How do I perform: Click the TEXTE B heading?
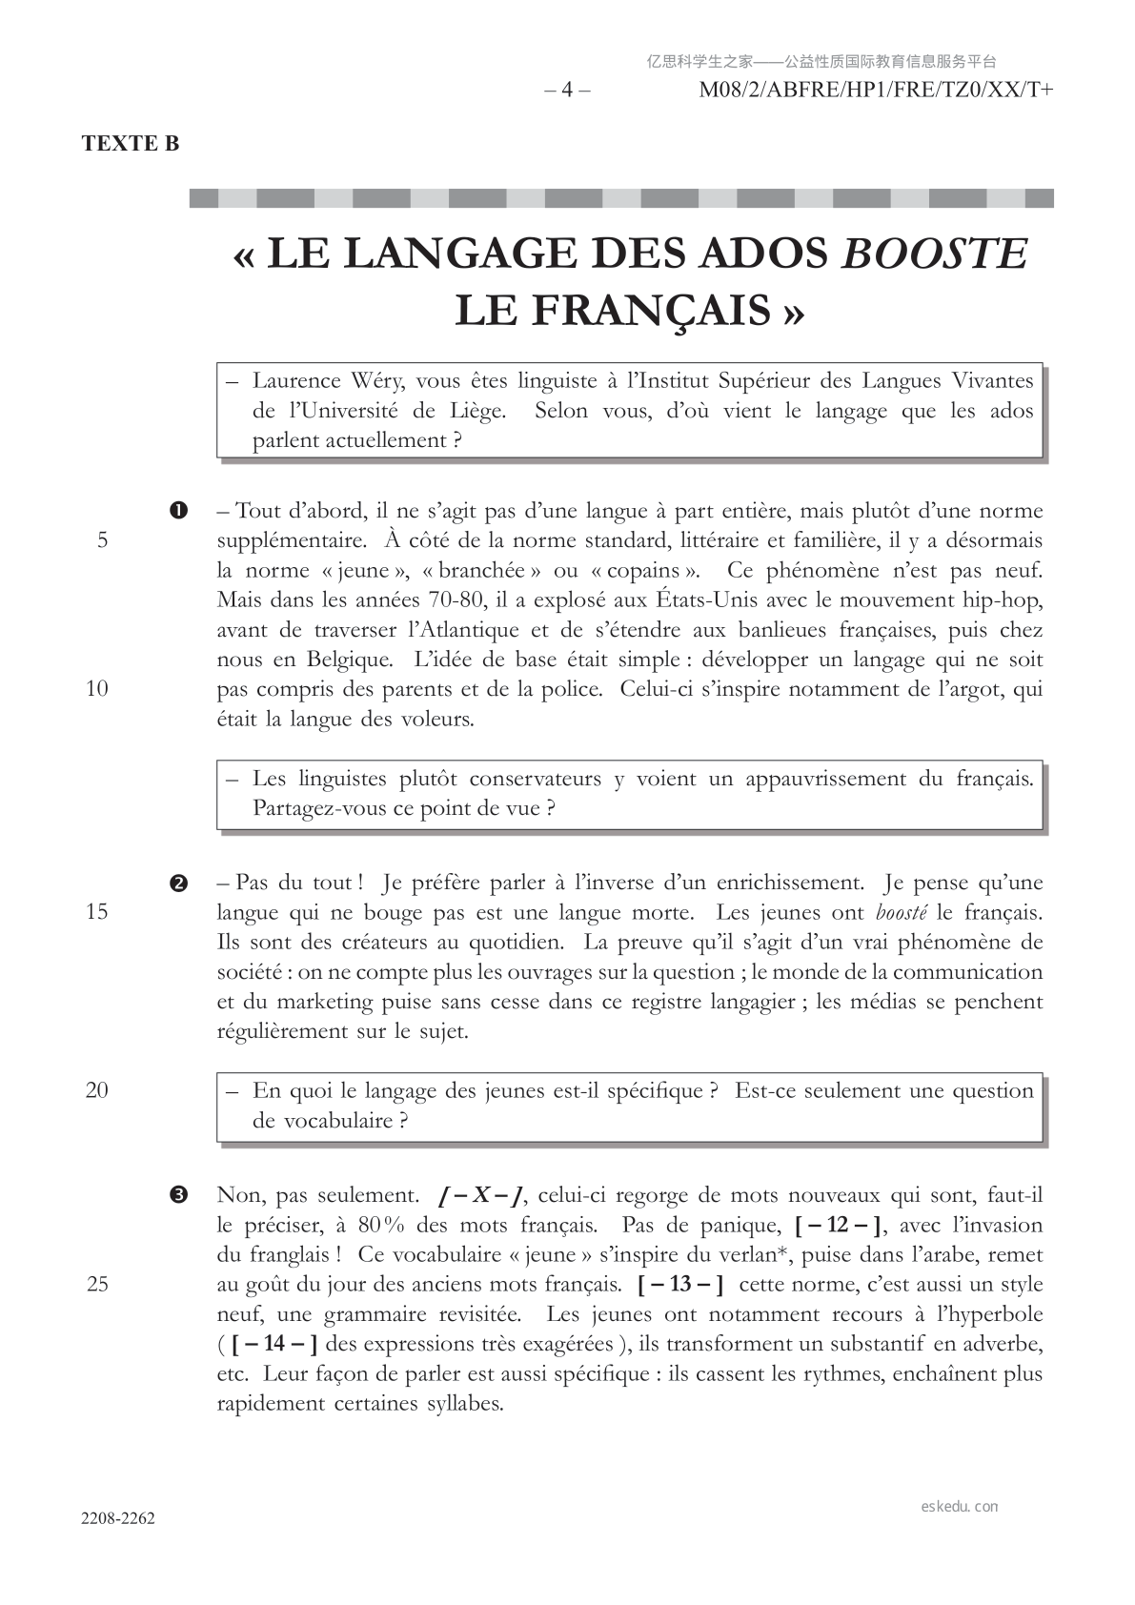pyautogui.click(x=131, y=144)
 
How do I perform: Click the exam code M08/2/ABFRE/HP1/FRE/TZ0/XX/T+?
pyautogui.click(x=876, y=91)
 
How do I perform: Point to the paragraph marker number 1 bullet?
pyautogui.click(x=177, y=511)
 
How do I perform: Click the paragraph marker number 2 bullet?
pyautogui.click(x=177, y=883)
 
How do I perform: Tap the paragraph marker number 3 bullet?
pyautogui.click(x=177, y=1195)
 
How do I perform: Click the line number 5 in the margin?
pyautogui.click(x=102, y=541)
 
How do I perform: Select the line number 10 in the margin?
pyautogui.click(x=97, y=689)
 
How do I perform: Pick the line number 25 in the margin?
pyautogui.click(x=97, y=1285)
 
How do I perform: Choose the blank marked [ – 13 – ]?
pyautogui.click(x=680, y=1285)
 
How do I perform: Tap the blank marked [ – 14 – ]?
pyautogui.click(x=274, y=1345)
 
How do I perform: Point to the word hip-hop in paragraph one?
pyautogui.click(x=1004, y=600)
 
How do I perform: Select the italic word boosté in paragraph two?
pyautogui.click(x=902, y=912)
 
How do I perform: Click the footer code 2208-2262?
pyautogui.click(x=118, y=1518)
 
